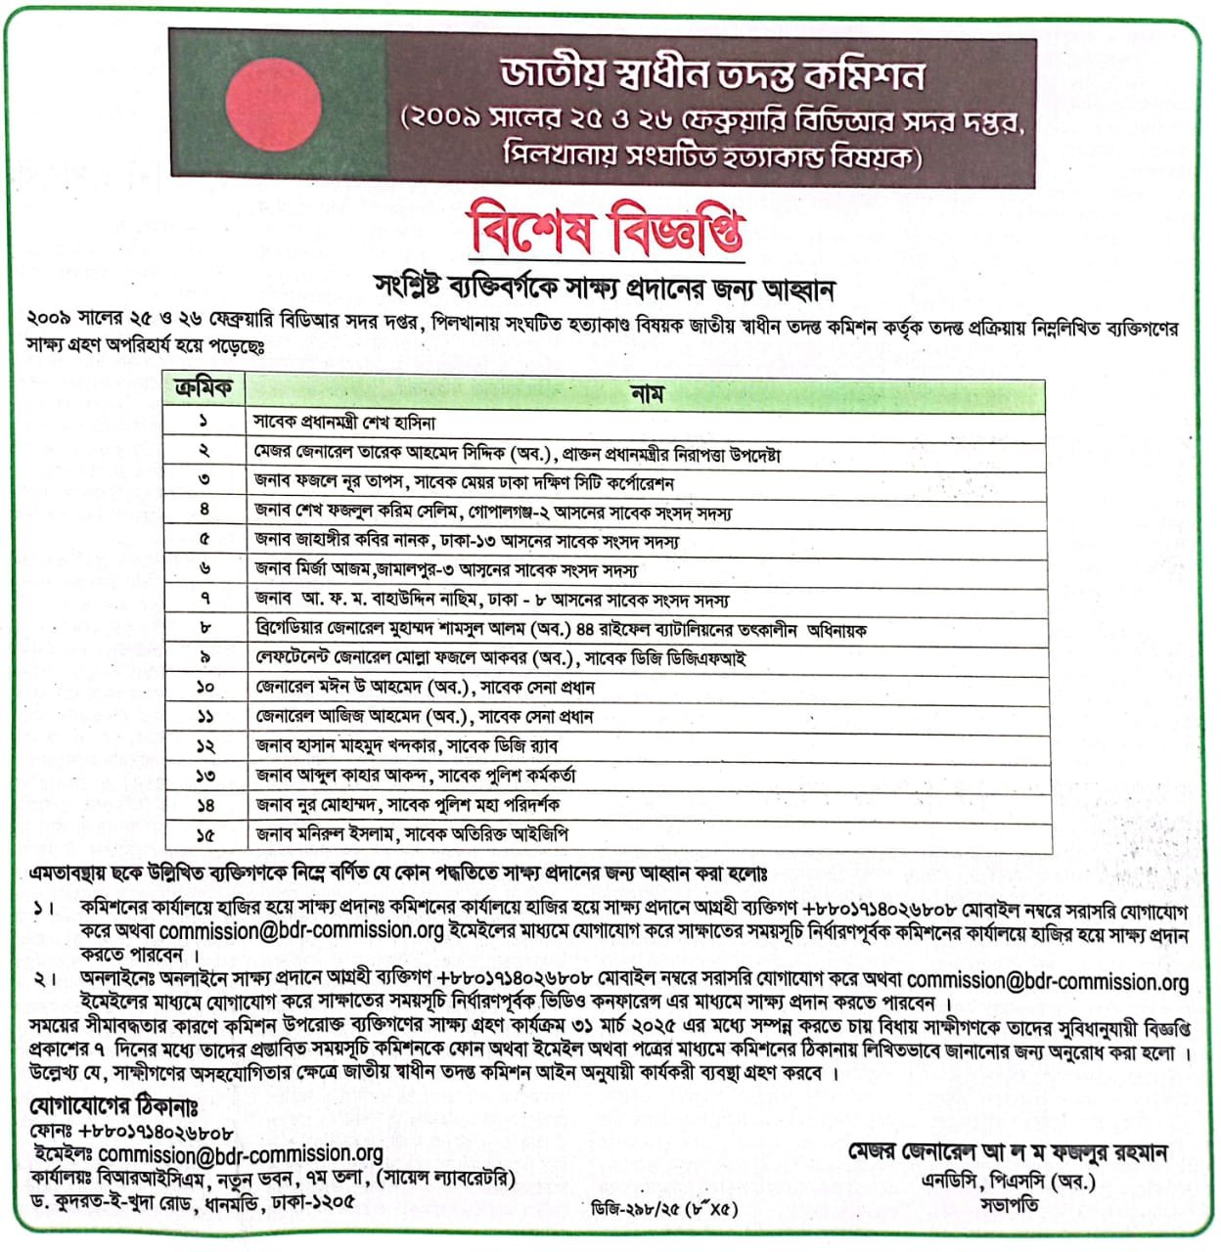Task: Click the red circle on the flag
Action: click(266, 107)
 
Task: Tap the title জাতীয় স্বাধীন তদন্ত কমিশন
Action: click(711, 75)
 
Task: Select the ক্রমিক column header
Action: click(203, 390)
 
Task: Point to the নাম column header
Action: click(647, 393)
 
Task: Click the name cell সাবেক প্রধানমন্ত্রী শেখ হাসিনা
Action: click(344, 424)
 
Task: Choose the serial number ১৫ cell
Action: click(205, 835)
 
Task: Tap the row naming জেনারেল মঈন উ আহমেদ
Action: click(425, 688)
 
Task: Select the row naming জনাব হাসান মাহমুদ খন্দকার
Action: click(406, 746)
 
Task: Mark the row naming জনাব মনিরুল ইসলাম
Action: click(412, 834)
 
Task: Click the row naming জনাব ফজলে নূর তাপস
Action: click(464, 482)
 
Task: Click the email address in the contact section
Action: click(241, 1154)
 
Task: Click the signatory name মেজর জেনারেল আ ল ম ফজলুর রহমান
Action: click(1008, 1153)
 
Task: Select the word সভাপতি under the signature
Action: click(1009, 1205)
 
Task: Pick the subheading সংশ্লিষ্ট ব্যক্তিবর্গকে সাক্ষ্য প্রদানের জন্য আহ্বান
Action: click(605, 289)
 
